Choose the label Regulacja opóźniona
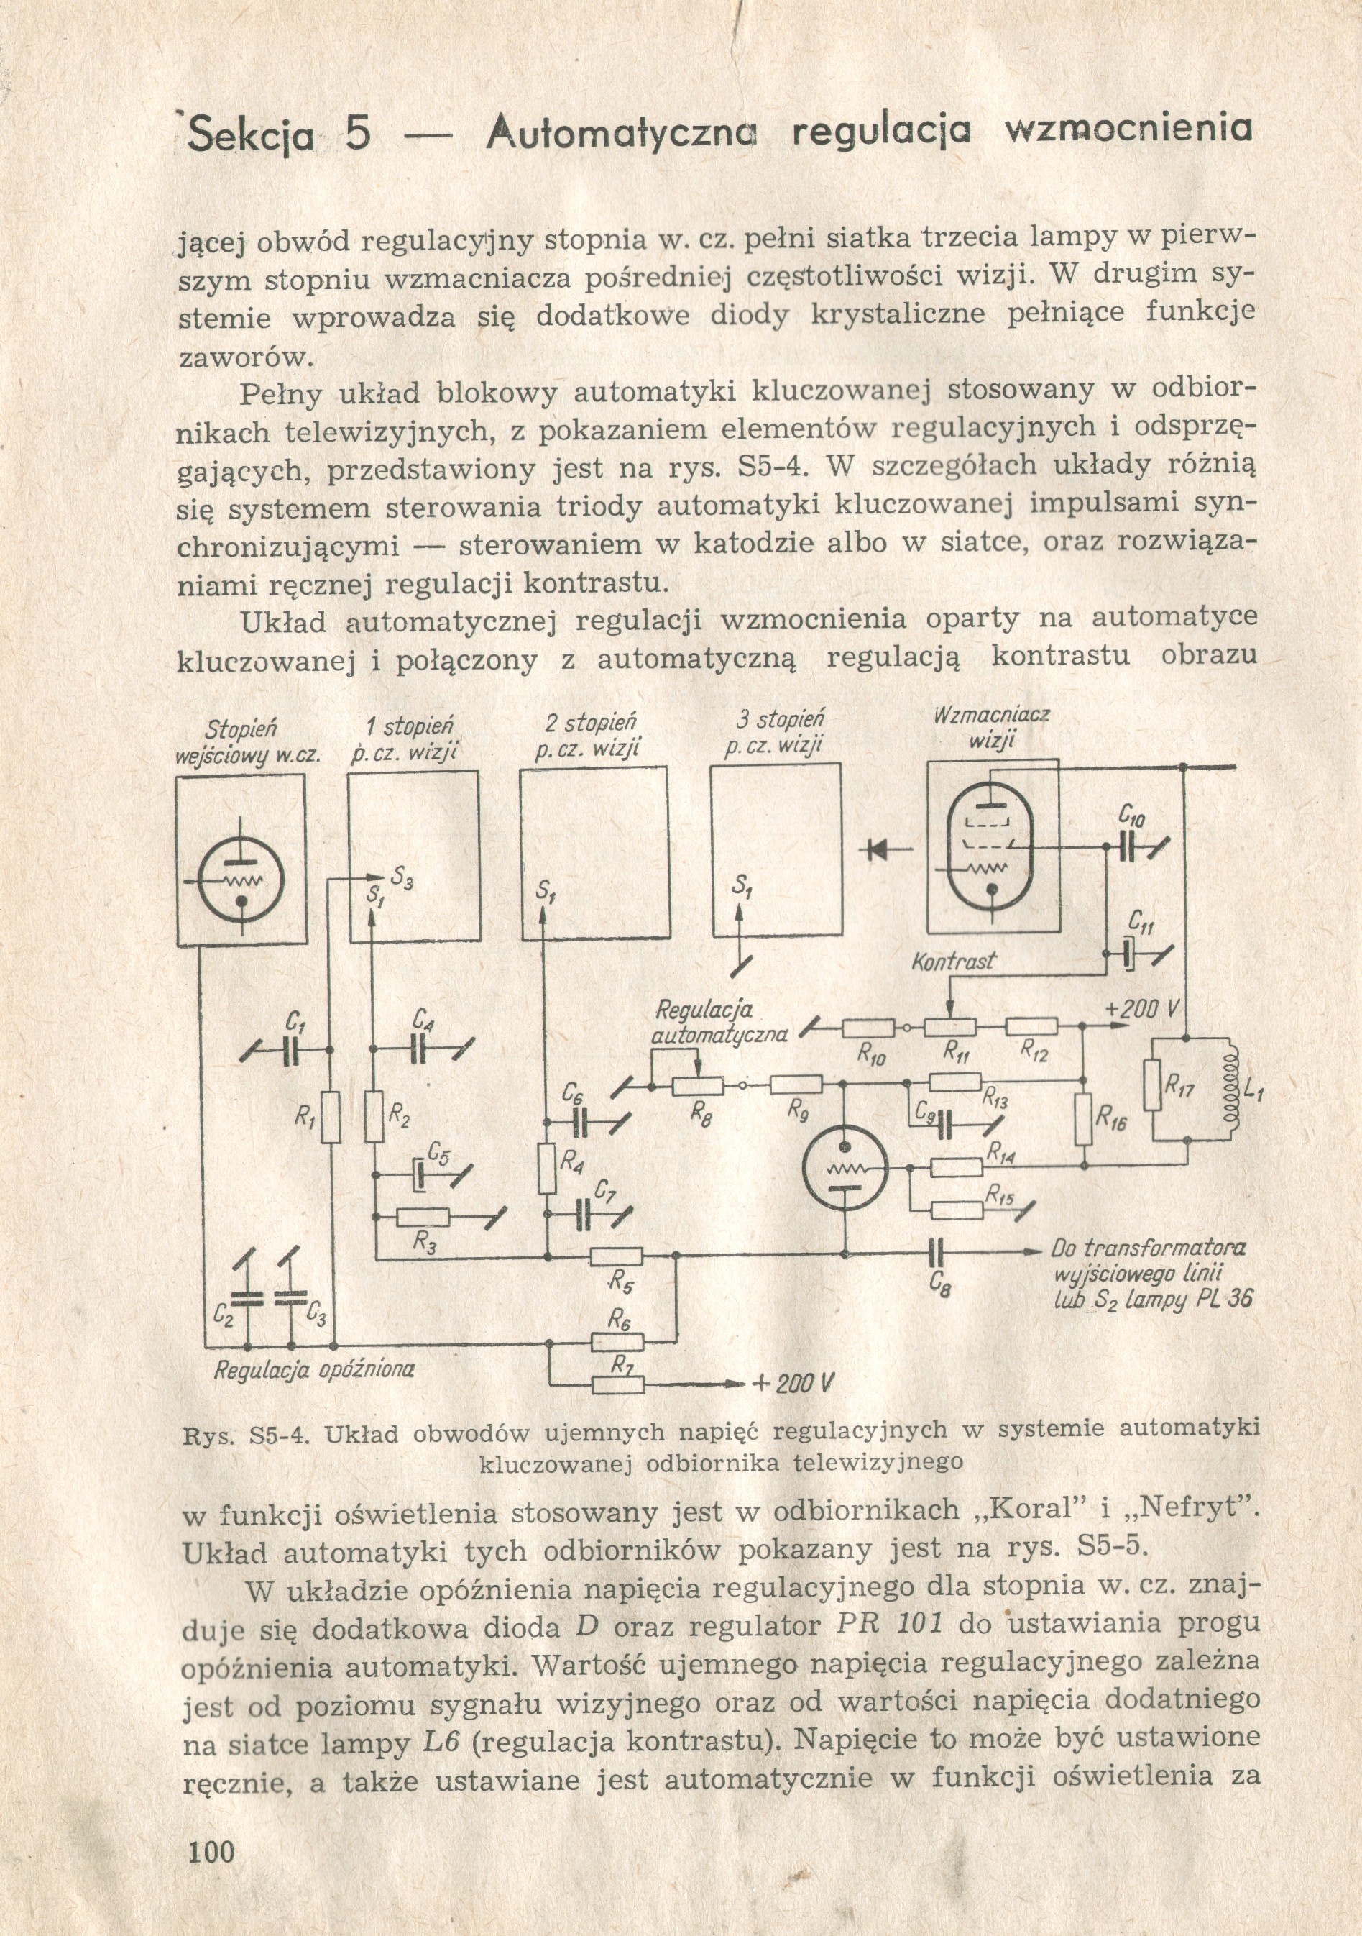(313, 1369)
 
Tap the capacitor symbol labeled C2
(249, 1300)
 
